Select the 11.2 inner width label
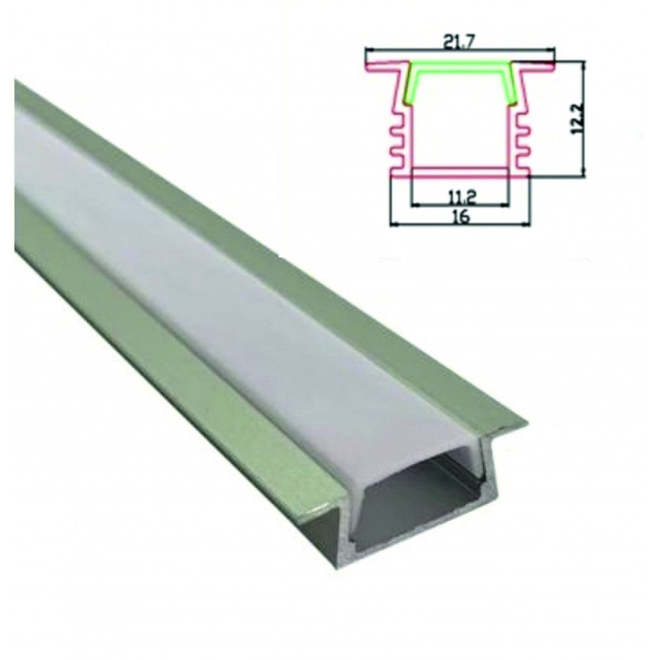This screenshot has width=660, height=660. [460, 195]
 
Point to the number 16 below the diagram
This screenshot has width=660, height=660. [461, 217]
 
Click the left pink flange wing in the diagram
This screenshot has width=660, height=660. [381, 67]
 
